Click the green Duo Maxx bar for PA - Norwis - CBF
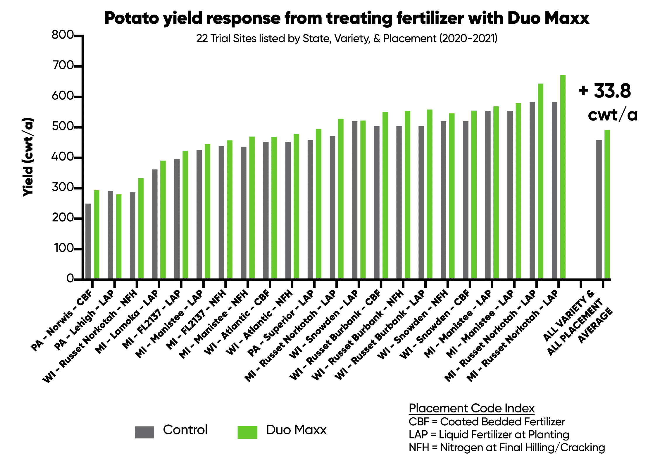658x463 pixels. (96, 234)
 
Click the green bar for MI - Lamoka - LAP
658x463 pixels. (163, 219)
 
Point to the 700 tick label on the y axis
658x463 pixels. (63, 65)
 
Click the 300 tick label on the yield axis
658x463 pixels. (63, 187)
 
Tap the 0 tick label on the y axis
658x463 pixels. (70, 279)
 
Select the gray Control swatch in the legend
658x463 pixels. (144, 432)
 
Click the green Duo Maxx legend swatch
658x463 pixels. (247, 432)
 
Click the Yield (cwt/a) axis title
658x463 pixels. (28, 157)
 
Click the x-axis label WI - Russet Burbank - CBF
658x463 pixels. (335, 335)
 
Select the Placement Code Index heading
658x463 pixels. (471, 408)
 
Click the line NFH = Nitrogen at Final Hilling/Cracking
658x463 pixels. (507, 448)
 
